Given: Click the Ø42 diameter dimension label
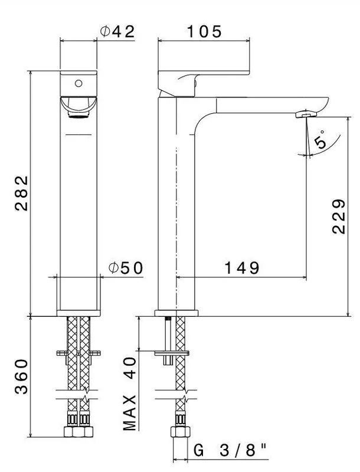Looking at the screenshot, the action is click(117, 31).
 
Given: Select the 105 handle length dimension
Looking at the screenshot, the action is click(204, 31).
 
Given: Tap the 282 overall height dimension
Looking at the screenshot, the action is click(21, 194).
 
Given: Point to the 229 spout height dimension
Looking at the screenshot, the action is click(339, 216).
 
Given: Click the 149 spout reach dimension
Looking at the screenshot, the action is click(242, 268).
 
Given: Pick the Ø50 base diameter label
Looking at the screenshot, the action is click(126, 268).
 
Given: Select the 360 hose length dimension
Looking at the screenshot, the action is click(21, 376).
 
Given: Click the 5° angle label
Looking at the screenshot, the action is click(320, 140).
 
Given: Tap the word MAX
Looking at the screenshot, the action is click(130, 413).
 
